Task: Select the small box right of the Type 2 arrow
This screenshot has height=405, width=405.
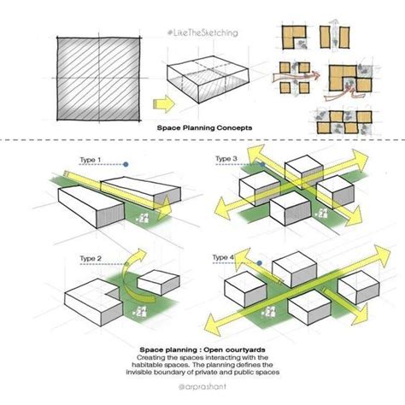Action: tap(156, 283)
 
